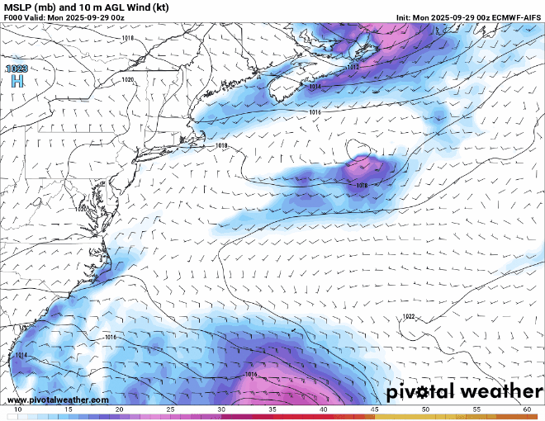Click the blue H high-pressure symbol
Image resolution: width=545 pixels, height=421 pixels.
click(17, 81)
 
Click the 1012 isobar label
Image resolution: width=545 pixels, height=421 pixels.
click(353, 68)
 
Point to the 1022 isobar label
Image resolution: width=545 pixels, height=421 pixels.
click(409, 316)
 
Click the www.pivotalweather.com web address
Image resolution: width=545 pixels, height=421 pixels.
click(56, 400)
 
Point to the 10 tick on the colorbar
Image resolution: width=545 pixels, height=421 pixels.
click(18, 409)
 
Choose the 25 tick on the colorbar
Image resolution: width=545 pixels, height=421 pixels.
click(170, 409)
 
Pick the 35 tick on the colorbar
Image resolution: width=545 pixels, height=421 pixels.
click(272, 409)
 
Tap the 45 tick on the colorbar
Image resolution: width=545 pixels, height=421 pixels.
click(374, 409)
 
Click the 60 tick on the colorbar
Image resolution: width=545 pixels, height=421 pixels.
click(527, 409)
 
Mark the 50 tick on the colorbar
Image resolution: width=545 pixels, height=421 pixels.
click(425, 409)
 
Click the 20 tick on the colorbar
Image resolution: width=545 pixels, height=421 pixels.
click(120, 409)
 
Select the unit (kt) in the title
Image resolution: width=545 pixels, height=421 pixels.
click(167, 7)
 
